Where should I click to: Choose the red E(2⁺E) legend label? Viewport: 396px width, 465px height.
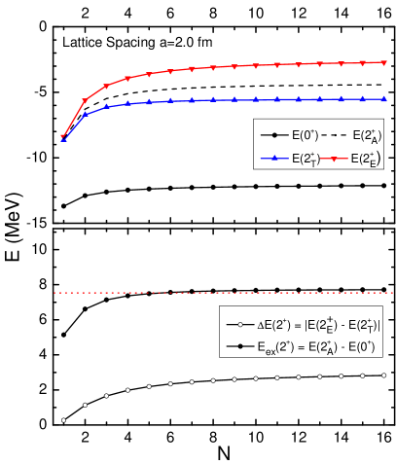pyautogui.click(x=366, y=158)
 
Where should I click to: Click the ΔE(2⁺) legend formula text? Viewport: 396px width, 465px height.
pyautogui.click(x=319, y=324)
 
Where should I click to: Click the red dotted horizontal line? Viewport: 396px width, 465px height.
pyautogui.click(x=224, y=292)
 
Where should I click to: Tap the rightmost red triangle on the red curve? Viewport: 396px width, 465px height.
pyautogui.click(x=383, y=62)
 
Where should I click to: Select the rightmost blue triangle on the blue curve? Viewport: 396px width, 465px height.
pyautogui.click(x=383, y=98)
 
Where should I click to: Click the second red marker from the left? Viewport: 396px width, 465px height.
pyautogui.click(x=85, y=100)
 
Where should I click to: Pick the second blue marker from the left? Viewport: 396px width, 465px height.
pyautogui.click(x=85, y=115)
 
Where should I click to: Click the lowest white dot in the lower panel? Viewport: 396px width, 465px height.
pyautogui.click(x=64, y=420)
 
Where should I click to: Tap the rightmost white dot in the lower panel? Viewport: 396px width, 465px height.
pyautogui.click(x=383, y=375)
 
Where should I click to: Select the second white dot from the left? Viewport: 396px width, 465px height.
pyautogui.click(x=86, y=405)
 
